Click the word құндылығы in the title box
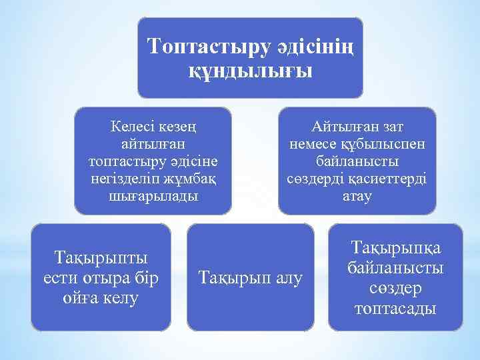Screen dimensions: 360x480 [x=251, y=71]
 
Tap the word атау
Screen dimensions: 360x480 [x=357, y=197]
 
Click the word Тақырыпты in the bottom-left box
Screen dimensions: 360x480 [x=101, y=257]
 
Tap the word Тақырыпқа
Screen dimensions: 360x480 [x=395, y=248]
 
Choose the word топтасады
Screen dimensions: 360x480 [x=395, y=309]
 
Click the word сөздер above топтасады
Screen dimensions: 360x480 [x=395, y=289]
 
